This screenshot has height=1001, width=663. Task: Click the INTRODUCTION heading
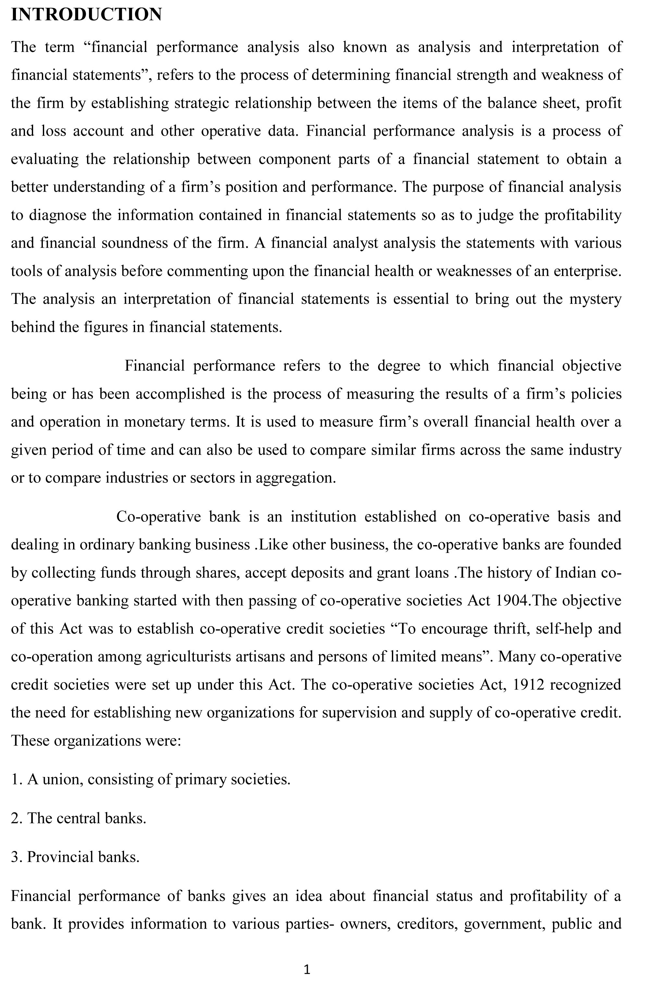point(86,15)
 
